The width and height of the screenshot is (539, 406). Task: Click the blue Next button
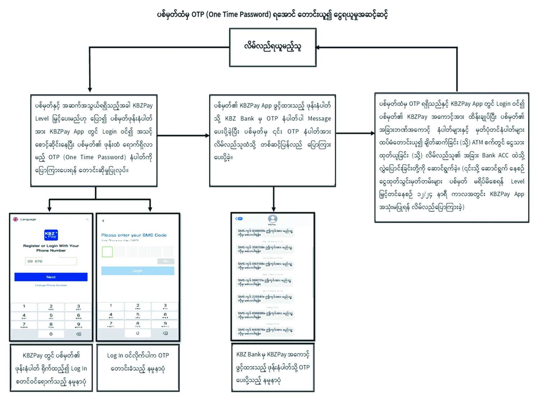pos(51,277)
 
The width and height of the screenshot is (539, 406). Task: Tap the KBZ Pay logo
pos(51,235)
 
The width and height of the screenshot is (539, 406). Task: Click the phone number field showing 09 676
pos(51,261)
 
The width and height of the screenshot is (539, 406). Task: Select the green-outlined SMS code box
pos(107,252)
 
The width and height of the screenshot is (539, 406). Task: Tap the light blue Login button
pos(138,271)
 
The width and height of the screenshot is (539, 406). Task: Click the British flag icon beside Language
pos(15,219)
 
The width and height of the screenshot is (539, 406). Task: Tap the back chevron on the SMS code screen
pos(103,221)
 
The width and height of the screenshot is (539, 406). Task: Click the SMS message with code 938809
pos(265,232)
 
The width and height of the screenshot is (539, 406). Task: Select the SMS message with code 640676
pos(265,331)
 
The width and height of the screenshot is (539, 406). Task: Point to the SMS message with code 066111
pos(265,282)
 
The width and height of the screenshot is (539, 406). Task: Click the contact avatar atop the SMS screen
pos(273,218)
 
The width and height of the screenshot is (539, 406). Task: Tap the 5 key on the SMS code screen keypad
pos(138,315)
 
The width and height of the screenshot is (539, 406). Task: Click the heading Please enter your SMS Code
pos(134,235)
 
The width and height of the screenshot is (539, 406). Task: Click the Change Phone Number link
pos(51,285)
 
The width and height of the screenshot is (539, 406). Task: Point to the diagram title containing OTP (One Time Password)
pos(272,15)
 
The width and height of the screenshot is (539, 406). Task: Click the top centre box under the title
pos(273,47)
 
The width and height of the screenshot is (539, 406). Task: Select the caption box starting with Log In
pos(138,368)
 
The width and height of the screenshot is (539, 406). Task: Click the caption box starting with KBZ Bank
pos(273,367)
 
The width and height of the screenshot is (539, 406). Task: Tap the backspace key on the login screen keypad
pos(78,334)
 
